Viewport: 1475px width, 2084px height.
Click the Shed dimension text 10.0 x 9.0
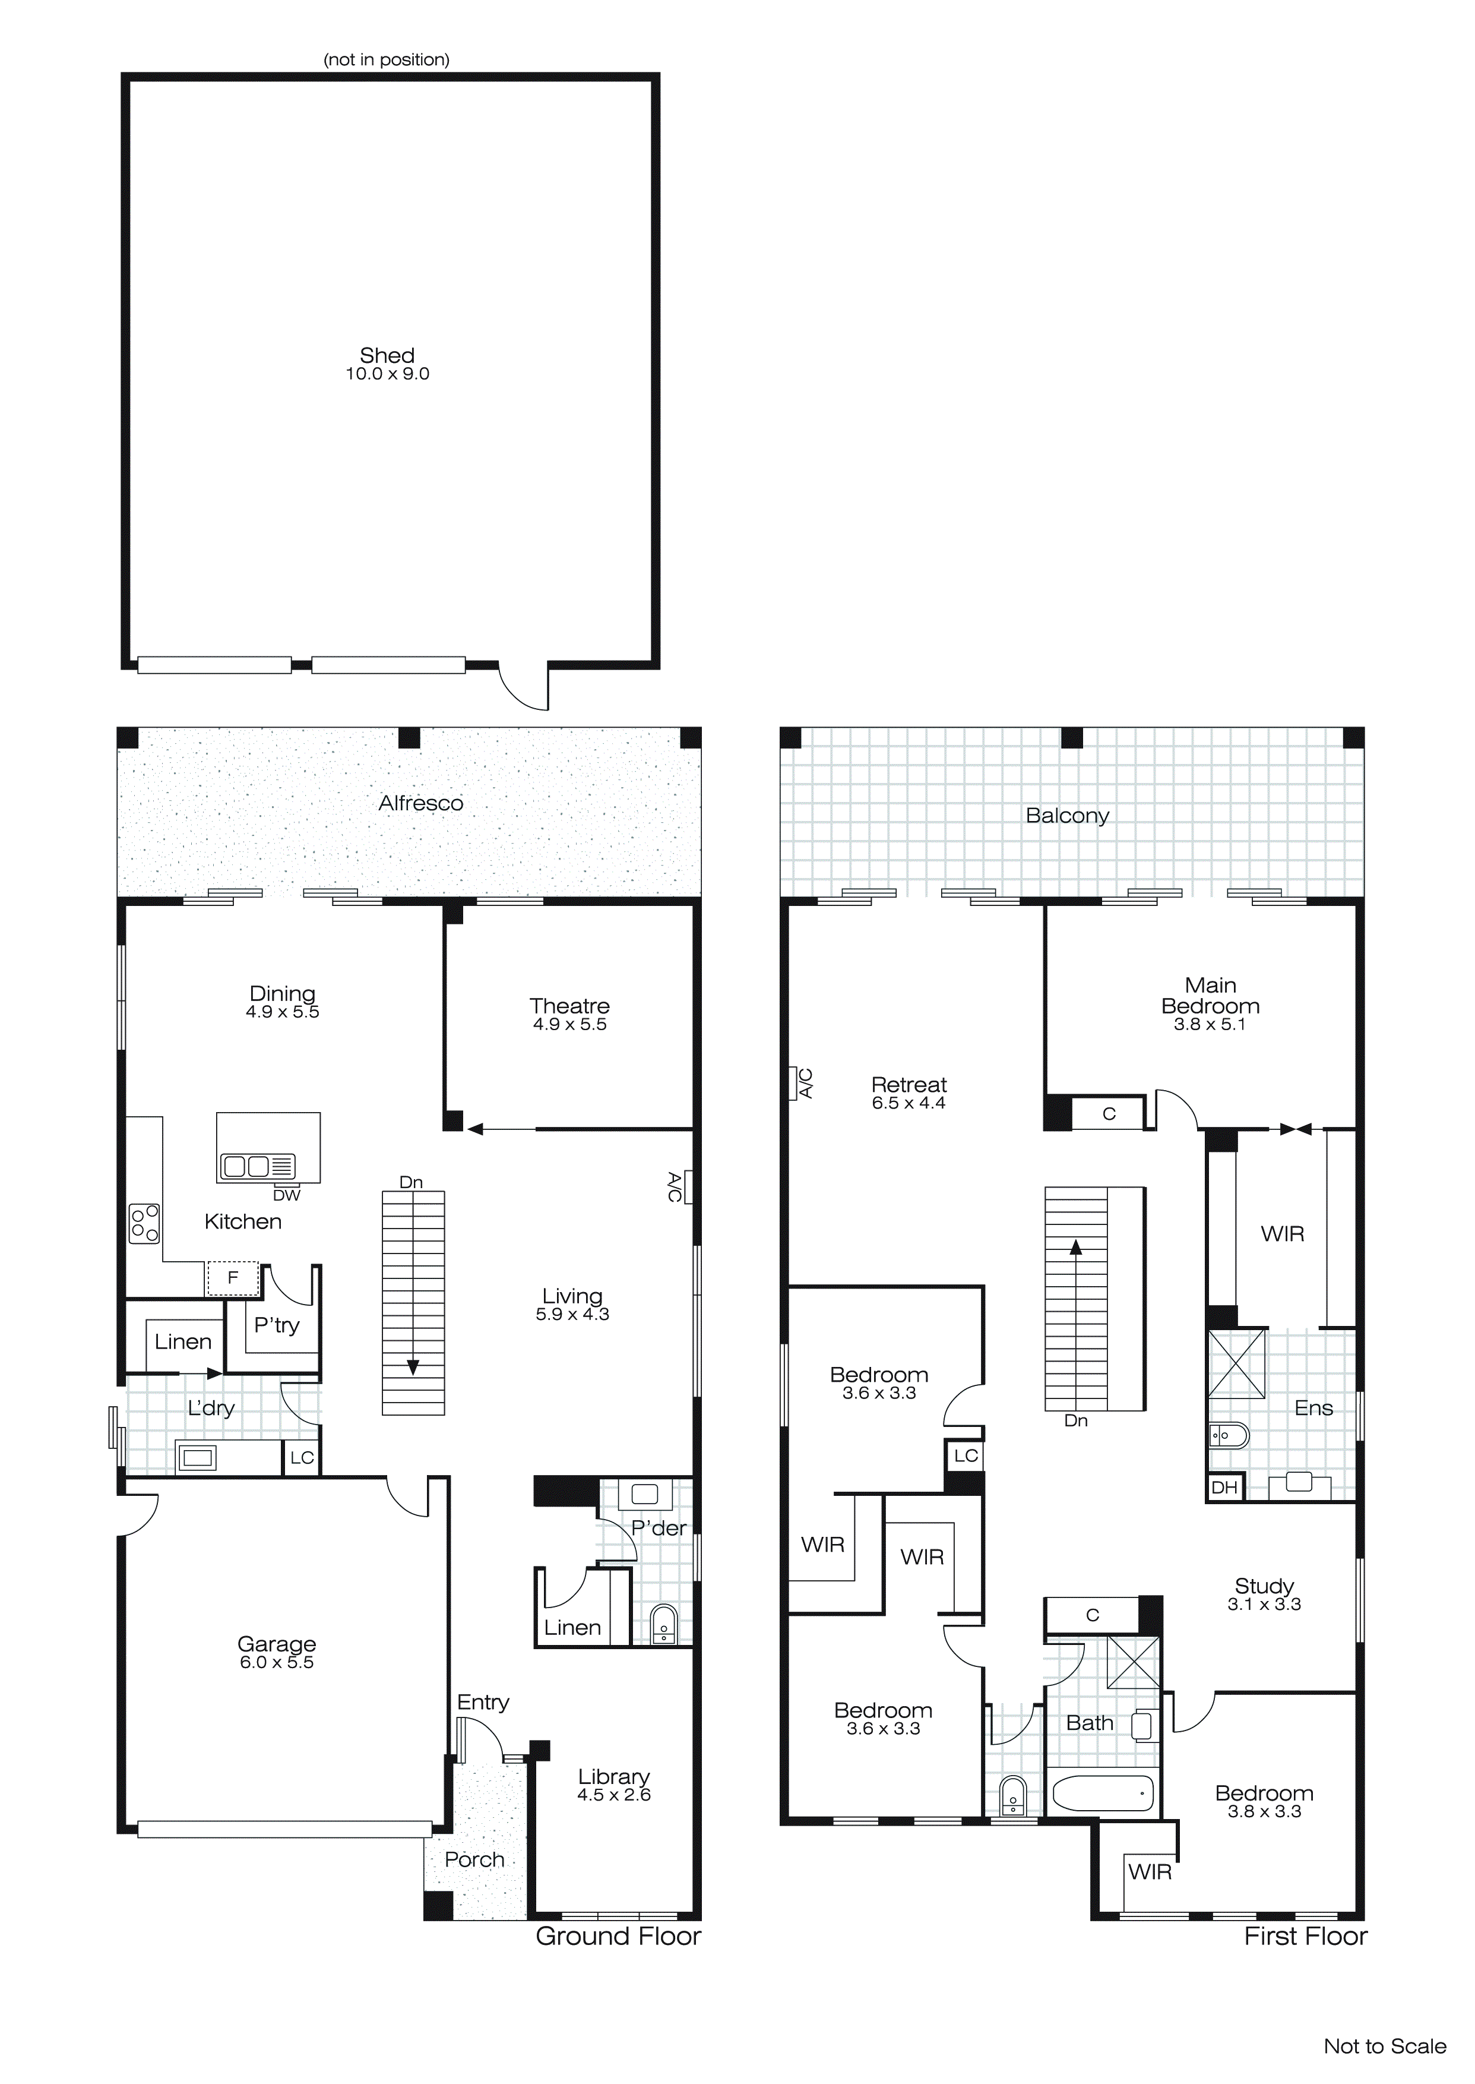(x=387, y=374)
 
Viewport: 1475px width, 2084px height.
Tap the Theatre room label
(x=569, y=1006)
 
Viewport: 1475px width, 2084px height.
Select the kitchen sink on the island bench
(x=258, y=1166)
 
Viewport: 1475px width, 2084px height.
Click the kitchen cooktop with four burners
(x=144, y=1223)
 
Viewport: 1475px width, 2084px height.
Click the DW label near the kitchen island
(x=286, y=1195)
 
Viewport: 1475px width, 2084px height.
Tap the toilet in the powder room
(x=664, y=1624)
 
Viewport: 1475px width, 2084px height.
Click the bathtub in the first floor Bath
(x=1103, y=1793)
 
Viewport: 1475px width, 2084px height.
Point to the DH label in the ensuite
(x=1224, y=1487)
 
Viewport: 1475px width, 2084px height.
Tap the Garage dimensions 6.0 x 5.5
(x=277, y=1662)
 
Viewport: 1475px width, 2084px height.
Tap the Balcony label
(x=1067, y=816)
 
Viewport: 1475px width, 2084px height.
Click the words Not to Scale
(x=1384, y=2046)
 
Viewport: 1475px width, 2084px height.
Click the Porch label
(x=474, y=1859)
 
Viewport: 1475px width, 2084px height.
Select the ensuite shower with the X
(x=1236, y=1363)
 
